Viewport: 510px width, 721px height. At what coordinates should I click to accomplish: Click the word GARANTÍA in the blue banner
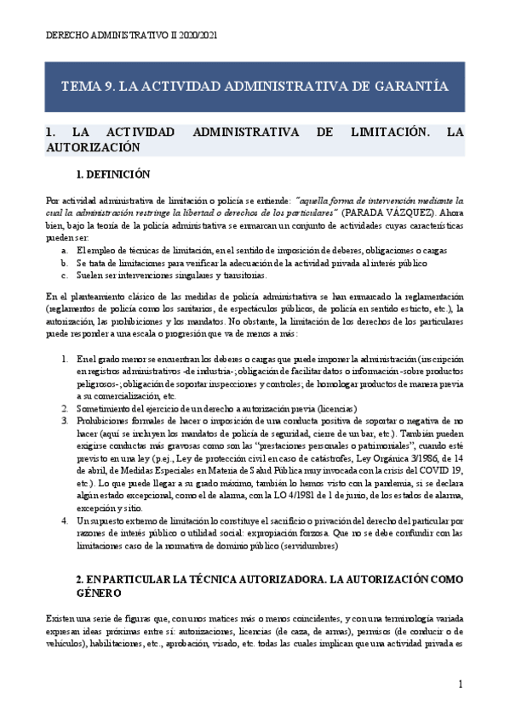(x=410, y=86)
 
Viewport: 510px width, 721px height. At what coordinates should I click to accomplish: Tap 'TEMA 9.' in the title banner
(x=87, y=86)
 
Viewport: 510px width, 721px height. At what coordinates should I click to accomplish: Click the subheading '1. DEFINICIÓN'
(x=112, y=176)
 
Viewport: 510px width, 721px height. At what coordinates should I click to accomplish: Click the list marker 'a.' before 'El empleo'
(x=66, y=252)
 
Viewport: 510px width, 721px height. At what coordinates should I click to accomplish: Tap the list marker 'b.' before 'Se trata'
(x=66, y=264)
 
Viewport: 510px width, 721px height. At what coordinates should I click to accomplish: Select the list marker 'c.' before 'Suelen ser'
(x=66, y=275)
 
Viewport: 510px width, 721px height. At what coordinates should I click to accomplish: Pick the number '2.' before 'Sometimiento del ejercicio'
(x=66, y=408)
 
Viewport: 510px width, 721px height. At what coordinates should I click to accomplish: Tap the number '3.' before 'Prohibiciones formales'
(x=66, y=420)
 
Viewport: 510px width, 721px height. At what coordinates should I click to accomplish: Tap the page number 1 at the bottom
(x=461, y=684)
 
